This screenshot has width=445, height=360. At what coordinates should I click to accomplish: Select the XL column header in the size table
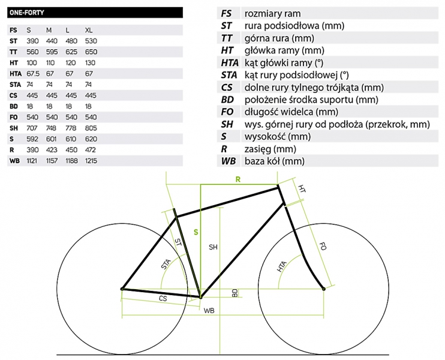click(x=89, y=29)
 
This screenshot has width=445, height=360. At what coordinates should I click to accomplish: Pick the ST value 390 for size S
click(x=32, y=40)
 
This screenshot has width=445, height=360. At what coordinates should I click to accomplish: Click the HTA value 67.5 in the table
click(x=33, y=73)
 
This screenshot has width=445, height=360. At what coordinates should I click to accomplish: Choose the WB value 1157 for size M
click(x=53, y=161)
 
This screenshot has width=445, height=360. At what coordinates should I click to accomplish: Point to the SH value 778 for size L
click(x=71, y=128)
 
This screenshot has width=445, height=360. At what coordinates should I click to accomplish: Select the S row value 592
click(x=32, y=139)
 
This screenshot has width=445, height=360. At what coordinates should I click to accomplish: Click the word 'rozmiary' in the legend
click(x=261, y=13)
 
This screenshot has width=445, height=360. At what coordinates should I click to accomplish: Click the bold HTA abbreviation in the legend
click(x=230, y=63)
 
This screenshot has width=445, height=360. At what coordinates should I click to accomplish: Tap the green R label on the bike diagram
click(x=238, y=179)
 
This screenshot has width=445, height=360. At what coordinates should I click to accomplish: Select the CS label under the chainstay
click(x=162, y=298)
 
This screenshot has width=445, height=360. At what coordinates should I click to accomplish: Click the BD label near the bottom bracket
click(x=235, y=292)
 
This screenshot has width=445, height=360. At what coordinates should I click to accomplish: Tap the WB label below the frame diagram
click(x=209, y=311)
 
